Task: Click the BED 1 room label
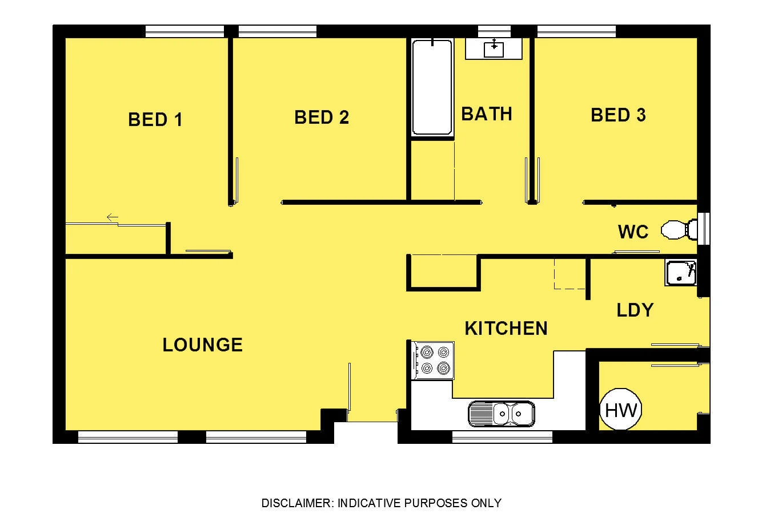point(155,120)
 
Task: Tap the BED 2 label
point(322,118)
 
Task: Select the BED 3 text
point(618,115)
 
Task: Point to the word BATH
point(487,114)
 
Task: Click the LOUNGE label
point(202,345)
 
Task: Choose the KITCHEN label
point(506,329)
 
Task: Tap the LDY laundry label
point(635,310)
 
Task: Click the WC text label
point(633,232)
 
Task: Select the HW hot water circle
point(620,410)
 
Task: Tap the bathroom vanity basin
point(494,49)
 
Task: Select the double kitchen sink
point(501,413)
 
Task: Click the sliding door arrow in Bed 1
point(112,217)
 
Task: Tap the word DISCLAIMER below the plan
point(296,503)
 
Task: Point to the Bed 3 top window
point(576,31)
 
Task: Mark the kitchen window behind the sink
point(502,437)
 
